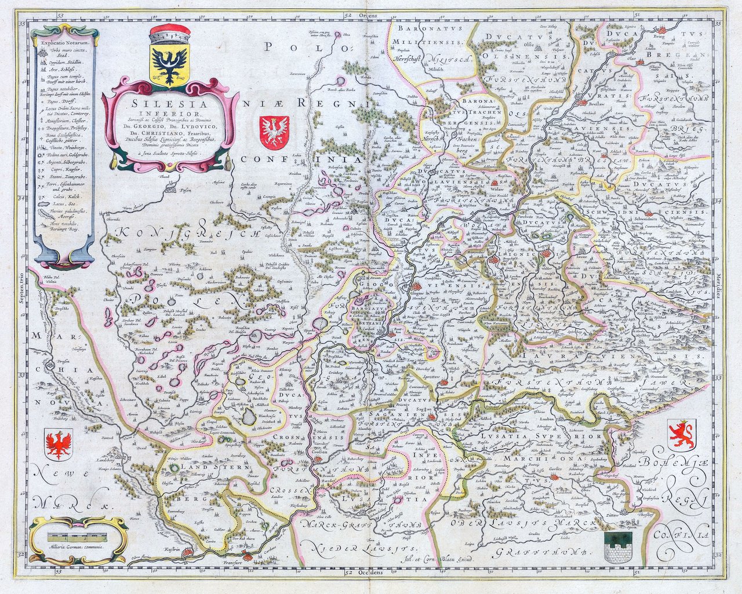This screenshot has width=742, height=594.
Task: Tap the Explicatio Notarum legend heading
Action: (x=63, y=41)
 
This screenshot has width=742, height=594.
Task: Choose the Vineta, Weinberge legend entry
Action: (x=63, y=149)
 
